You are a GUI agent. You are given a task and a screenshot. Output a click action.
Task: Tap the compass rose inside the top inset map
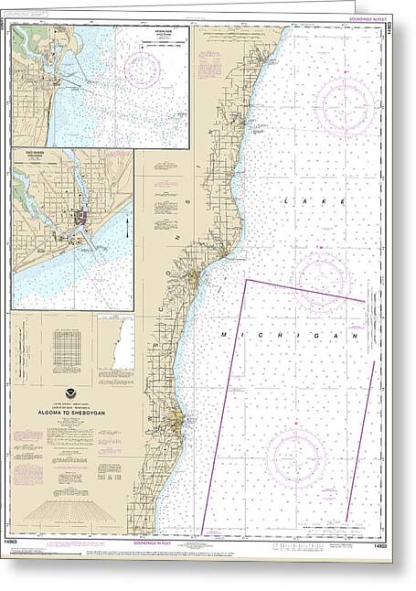tap(143, 69)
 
